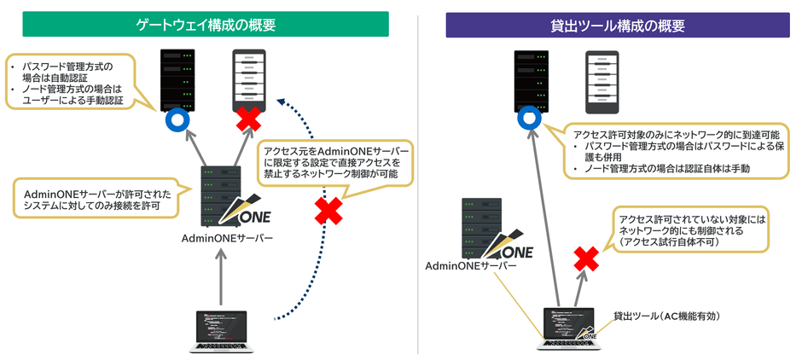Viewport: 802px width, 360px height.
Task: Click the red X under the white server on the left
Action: [x=248, y=119]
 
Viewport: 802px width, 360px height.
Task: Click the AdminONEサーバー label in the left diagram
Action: [x=227, y=238]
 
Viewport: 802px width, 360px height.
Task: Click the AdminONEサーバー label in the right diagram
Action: [x=471, y=266]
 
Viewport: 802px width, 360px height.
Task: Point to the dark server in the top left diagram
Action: [x=177, y=78]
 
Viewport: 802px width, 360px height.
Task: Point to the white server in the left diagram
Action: [x=248, y=78]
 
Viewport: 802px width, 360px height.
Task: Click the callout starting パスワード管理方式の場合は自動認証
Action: [x=73, y=83]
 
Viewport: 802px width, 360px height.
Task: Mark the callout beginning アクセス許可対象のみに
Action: [x=678, y=152]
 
